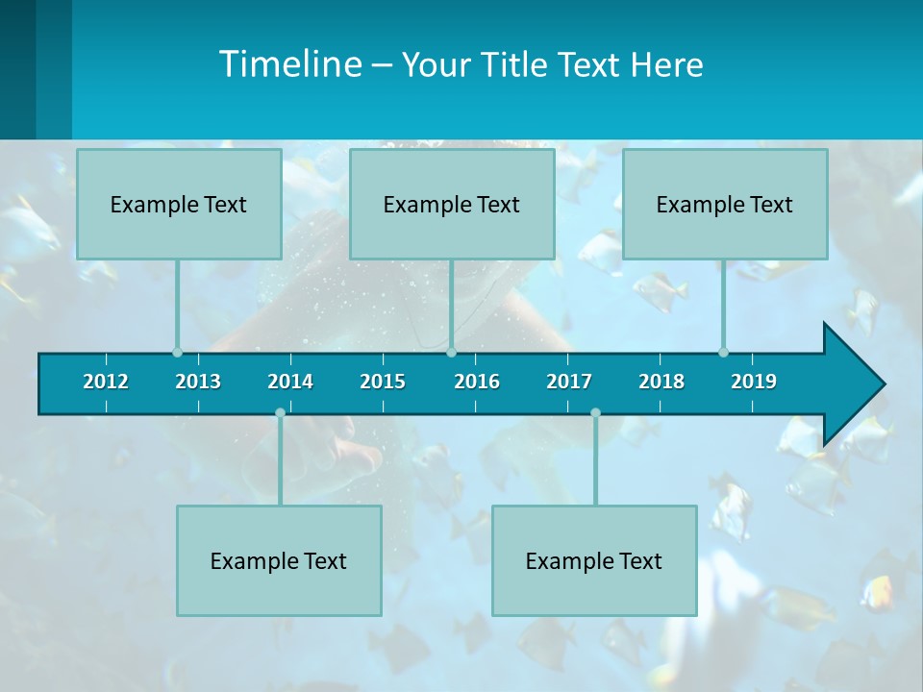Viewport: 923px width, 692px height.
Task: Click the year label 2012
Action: (106, 382)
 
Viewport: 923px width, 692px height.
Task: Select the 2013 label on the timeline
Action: (198, 382)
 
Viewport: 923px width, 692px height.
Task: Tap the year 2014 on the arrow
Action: (290, 382)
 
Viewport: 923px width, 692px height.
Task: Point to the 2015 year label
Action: (383, 382)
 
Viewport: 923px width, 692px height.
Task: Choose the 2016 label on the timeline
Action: (477, 382)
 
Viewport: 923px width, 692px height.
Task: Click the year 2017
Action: (569, 382)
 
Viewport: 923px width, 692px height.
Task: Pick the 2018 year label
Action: (661, 382)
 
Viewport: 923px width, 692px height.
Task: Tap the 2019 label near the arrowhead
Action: (754, 382)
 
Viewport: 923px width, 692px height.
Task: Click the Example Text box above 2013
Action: (179, 204)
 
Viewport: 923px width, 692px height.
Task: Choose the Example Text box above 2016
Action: (452, 204)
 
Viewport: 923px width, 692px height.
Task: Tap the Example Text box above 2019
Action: (725, 204)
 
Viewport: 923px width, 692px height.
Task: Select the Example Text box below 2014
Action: (279, 560)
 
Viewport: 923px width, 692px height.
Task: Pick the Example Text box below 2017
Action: (594, 560)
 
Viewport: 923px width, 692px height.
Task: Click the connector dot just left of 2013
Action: (177, 352)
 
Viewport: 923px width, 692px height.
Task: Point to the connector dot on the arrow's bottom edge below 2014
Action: (280, 412)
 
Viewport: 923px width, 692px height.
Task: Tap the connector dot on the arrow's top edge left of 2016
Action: (451, 352)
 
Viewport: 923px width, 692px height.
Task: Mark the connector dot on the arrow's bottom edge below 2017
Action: (595, 412)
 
